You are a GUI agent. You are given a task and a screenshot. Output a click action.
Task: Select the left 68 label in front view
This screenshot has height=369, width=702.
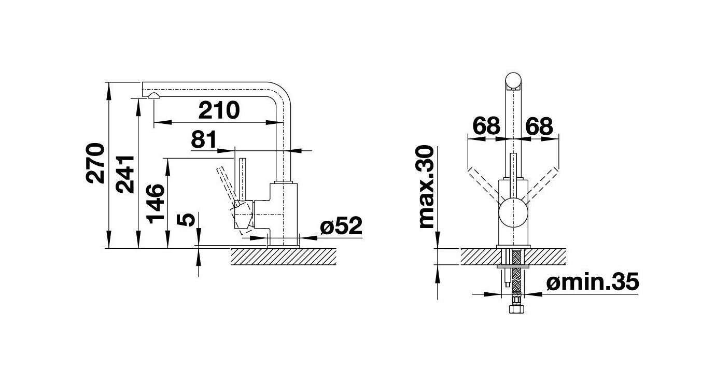tap(486, 126)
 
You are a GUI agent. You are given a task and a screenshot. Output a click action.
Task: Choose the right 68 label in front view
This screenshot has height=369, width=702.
tap(539, 126)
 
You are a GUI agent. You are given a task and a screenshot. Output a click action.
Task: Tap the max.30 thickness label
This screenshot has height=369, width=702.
tap(427, 187)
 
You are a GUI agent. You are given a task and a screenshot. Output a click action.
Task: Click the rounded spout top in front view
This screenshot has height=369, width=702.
tap(513, 80)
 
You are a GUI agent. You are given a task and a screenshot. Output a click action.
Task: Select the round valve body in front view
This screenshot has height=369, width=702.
tap(513, 212)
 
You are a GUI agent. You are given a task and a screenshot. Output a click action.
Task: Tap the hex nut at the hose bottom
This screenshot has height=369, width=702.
tap(516, 309)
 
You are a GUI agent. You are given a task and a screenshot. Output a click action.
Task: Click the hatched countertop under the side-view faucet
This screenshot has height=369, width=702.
tap(283, 257)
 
